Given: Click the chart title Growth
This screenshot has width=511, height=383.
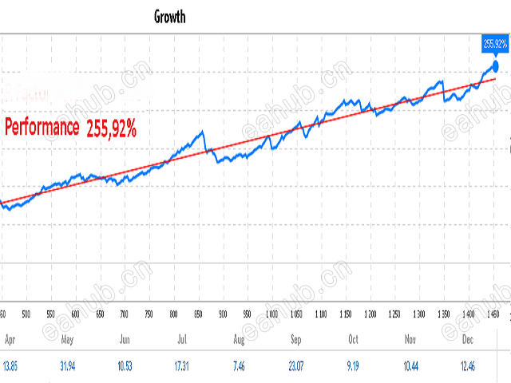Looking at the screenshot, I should pyautogui.click(x=169, y=17).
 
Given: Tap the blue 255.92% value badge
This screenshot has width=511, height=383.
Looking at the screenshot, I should pyautogui.click(x=494, y=42).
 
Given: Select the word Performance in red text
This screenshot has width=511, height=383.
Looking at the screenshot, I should pyautogui.click(x=42, y=126).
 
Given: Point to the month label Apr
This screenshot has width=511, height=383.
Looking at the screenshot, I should pyautogui.click(x=10, y=339).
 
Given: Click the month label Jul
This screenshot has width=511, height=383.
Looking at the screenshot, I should pyautogui.click(x=183, y=339).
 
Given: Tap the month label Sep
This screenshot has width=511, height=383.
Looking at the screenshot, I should pyautogui.click(x=296, y=339).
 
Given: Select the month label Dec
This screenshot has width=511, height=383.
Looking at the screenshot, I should pyautogui.click(x=467, y=339).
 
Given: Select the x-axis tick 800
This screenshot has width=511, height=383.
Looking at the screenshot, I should pyautogui.click(x=174, y=315).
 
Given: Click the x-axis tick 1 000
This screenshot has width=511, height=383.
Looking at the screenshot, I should pyautogui.click(x=272, y=315).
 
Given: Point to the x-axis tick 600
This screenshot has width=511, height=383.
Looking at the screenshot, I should pyautogui.click(x=75, y=315).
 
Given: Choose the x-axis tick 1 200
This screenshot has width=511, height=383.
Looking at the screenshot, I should pyautogui.click(x=370, y=315).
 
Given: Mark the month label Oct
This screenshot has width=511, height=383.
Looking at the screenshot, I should pyautogui.click(x=354, y=339).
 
